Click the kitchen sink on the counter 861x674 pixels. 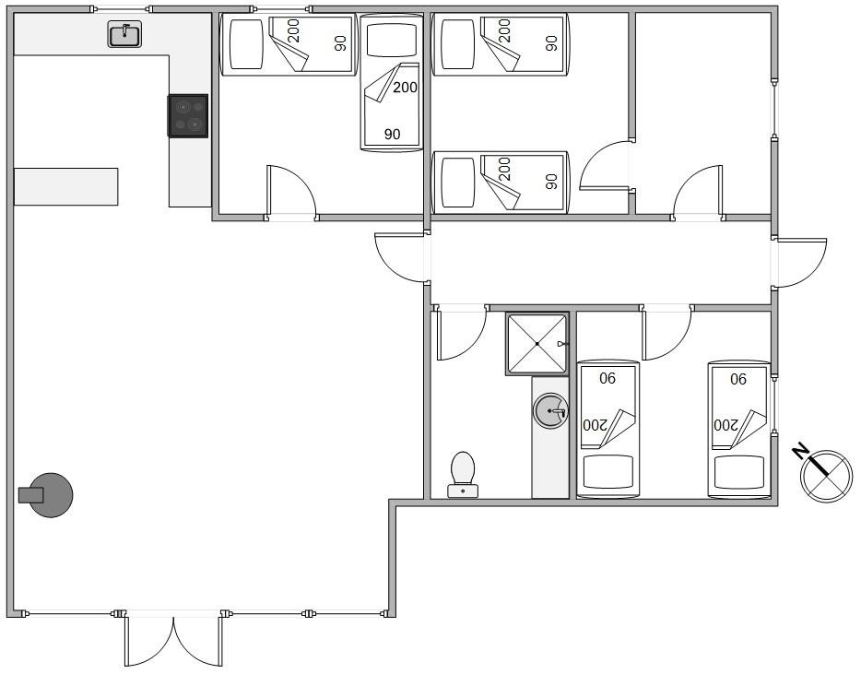click(124, 34)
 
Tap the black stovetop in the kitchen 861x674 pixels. click(188, 115)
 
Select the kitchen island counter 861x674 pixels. click(65, 187)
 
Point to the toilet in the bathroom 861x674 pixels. click(463, 475)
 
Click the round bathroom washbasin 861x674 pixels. click(550, 410)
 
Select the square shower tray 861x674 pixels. click(537, 344)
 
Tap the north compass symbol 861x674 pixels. click(826, 475)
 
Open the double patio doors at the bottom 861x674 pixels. click(173, 640)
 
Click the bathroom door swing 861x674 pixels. click(460, 334)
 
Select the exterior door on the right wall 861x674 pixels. click(799, 263)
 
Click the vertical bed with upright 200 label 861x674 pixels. click(391, 82)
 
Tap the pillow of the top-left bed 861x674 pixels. click(246, 44)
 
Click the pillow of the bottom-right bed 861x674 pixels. click(738, 473)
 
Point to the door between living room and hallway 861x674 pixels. click(401, 257)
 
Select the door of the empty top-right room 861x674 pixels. click(697, 192)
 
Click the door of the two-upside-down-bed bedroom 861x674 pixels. click(667, 334)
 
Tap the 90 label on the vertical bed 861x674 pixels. click(392, 134)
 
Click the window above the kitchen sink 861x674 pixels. click(122, 9)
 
